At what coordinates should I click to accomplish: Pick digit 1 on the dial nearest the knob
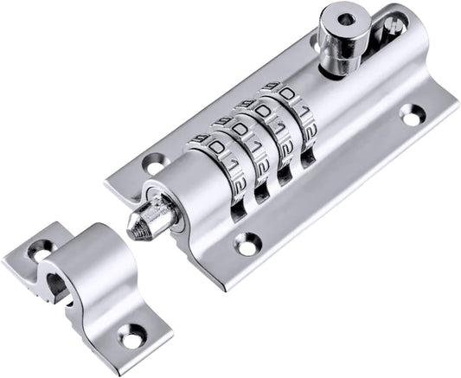(300, 112)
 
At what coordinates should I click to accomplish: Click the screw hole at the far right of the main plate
(411, 114)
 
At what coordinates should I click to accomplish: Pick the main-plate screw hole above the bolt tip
(153, 162)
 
